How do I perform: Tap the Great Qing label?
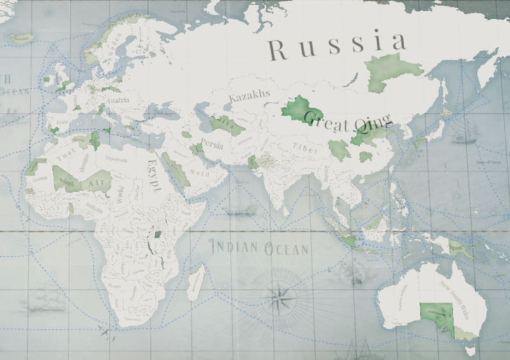347,121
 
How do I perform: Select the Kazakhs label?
250,97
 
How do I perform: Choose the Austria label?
119,100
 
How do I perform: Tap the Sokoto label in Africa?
94,207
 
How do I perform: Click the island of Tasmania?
470,349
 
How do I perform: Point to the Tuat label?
64,157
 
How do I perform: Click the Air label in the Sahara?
95,182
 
